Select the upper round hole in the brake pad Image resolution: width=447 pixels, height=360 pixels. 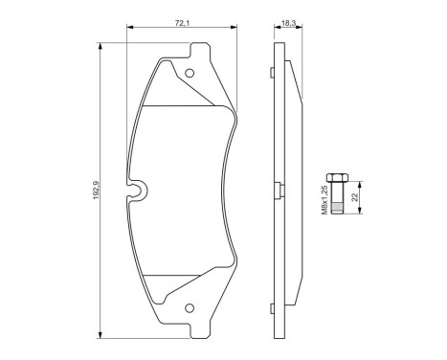(x=190, y=73)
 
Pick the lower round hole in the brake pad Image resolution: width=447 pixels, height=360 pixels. (x=190, y=308)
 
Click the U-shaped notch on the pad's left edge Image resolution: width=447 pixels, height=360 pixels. (x=140, y=191)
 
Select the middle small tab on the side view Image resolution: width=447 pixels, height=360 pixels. (x=278, y=188)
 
